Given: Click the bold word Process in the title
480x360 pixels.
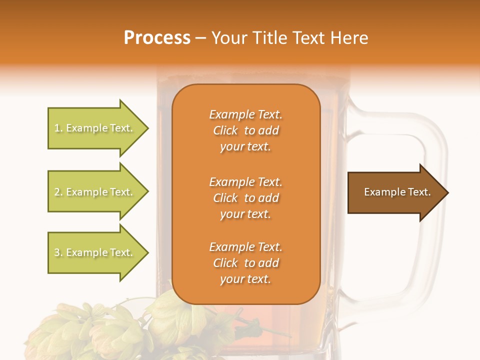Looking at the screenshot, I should tap(157, 38).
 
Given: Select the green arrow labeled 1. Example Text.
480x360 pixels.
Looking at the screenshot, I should tap(95, 128).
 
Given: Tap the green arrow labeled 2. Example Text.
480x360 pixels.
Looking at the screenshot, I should tap(95, 192).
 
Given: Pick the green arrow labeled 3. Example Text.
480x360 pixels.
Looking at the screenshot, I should tap(95, 252).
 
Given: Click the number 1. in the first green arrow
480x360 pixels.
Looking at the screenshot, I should tap(58, 128).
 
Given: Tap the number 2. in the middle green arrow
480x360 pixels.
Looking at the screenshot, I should tap(58, 192).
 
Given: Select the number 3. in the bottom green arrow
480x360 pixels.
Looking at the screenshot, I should tap(58, 252).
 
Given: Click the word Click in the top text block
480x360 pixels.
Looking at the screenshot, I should tap(225, 131).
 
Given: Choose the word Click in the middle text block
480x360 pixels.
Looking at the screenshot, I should tap(225, 198).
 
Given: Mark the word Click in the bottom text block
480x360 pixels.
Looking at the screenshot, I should tap(225, 263).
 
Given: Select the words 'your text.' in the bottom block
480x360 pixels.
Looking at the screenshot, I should tap(245, 279).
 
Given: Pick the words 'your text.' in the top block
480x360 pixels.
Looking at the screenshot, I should tap(245, 147).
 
